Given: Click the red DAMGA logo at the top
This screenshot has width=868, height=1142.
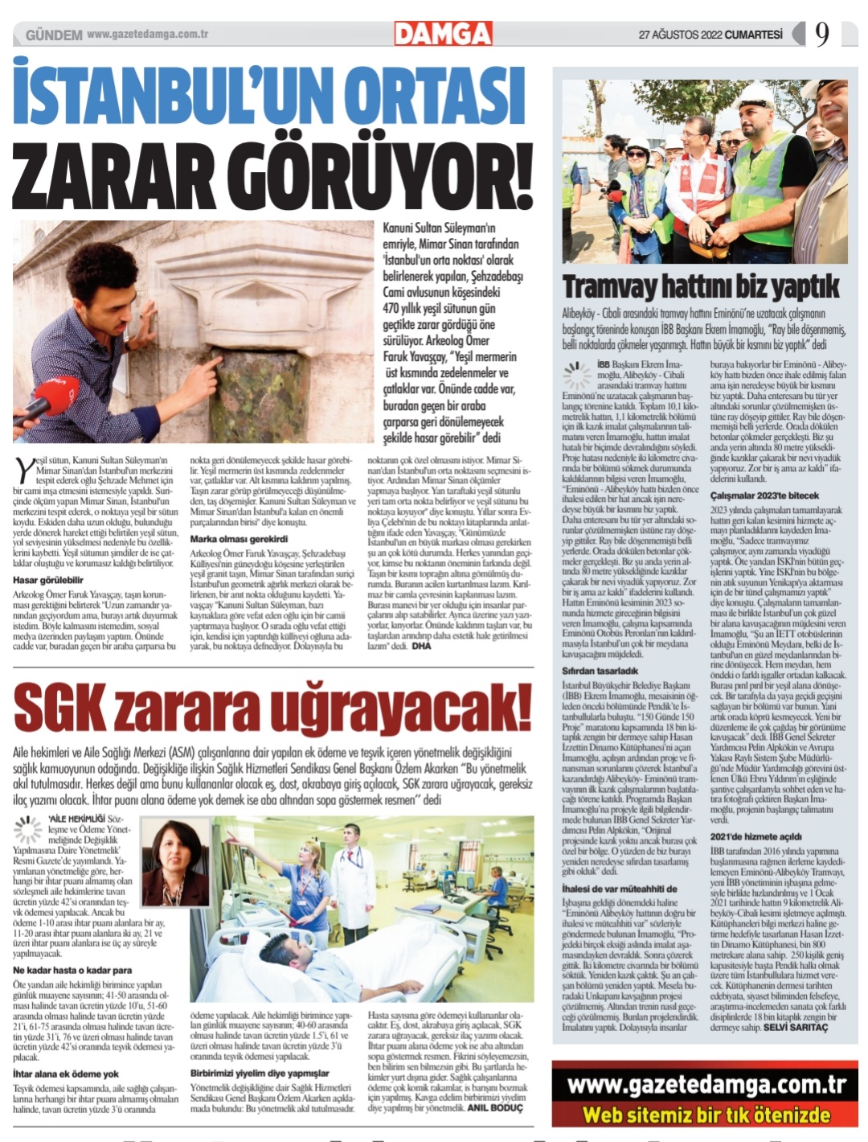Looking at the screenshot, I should tap(443, 34).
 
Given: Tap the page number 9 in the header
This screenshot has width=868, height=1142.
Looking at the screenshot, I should tap(821, 34).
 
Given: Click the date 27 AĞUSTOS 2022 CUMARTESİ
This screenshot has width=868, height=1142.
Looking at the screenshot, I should tap(710, 35).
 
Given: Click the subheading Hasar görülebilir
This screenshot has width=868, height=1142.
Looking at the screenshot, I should tap(48, 580).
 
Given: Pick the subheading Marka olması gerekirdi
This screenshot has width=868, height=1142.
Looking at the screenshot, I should tap(239, 538).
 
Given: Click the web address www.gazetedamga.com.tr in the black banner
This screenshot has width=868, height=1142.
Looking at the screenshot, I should tap(706, 1085).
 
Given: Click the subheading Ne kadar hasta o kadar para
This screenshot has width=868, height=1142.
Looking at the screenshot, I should tap(72, 971).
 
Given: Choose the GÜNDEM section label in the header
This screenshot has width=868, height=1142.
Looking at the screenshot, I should tap(54, 35).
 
